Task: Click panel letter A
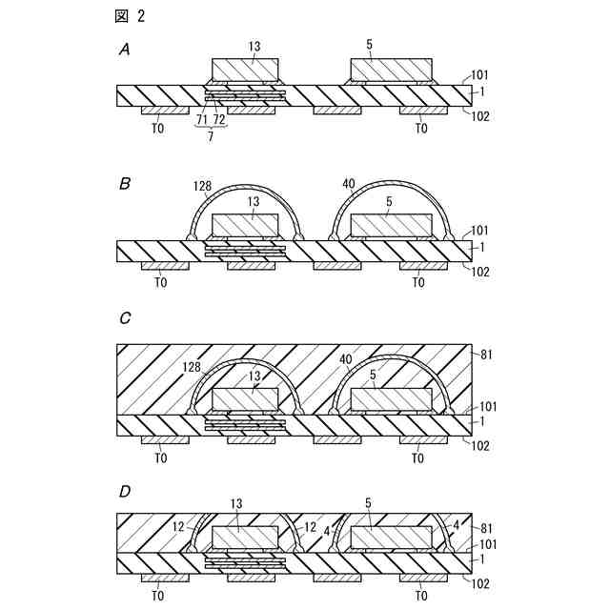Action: (x=124, y=50)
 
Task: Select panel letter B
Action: (x=124, y=184)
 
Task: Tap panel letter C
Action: (x=124, y=320)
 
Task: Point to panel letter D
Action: (x=124, y=493)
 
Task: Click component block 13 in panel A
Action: (x=245, y=70)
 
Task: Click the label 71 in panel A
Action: (x=202, y=121)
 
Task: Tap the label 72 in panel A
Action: (x=218, y=121)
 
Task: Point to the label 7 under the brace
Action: (x=211, y=136)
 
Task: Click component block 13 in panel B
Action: (x=245, y=225)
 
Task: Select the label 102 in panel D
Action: (x=480, y=582)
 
